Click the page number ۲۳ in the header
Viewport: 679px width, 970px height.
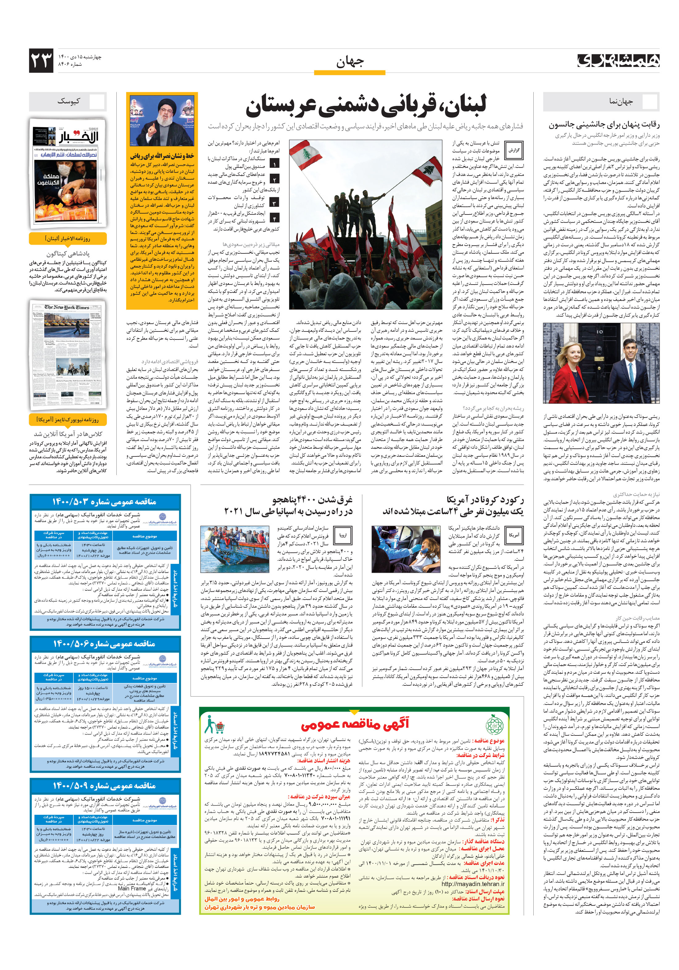pyautogui.click(x=41, y=60)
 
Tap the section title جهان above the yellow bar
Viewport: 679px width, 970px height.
pyautogui.click(x=349, y=62)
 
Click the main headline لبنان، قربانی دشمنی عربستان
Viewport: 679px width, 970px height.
pyautogui.click(x=366, y=106)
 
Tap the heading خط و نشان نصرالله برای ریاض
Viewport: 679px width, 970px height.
pyautogui.click(x=162, y=156)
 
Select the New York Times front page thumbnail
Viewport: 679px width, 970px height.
pyautogui.click(x=68, y=353)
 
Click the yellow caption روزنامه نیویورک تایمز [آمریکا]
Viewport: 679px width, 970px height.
pyautogui.click(x=68, y=419)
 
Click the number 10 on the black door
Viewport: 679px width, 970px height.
pyautogui.click(x=599, y=332)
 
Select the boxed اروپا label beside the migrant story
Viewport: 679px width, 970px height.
pyautogui.click(x=343, y=535)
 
